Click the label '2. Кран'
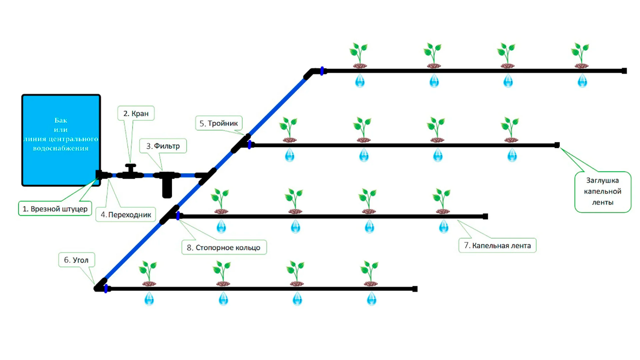[136, 114]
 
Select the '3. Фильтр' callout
[163, 146]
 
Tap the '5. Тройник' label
[218, 123]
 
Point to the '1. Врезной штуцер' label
[55, 209]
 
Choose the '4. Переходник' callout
[126, 215]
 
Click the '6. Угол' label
[76, 260]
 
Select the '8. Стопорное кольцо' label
[224, 247]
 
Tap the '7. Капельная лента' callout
[497, 245]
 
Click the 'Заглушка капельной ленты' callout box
[602, 192]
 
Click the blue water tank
[61, 140]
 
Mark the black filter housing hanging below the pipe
[167, 188]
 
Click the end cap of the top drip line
[624, 71]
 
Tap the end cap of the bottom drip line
[415, 289]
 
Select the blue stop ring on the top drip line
[322, 71]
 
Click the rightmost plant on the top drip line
[580, 55]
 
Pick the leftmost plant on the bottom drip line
[148, 273]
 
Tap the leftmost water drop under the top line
[360, 81]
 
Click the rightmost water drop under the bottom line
[371, 299]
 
